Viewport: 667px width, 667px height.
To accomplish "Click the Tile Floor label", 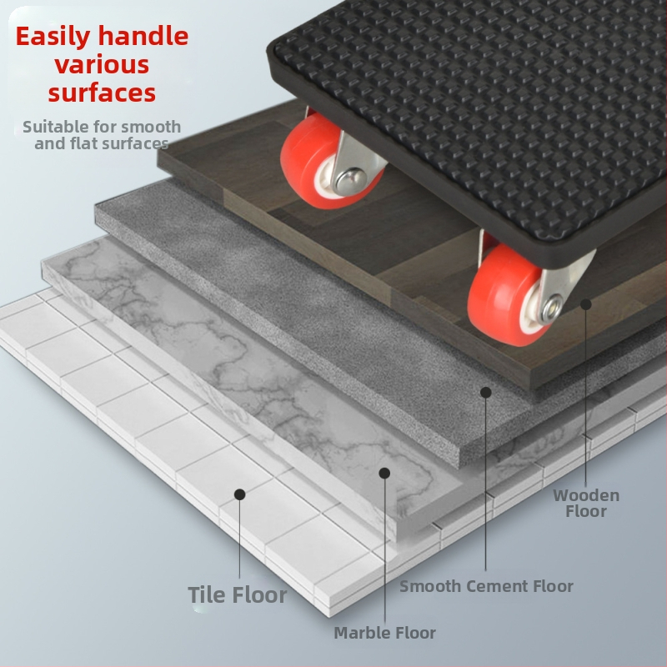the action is click(238, 594).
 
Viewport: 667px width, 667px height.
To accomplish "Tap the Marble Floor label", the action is click(385, 633).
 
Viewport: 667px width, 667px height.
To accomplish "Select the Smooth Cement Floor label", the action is click(486, 586).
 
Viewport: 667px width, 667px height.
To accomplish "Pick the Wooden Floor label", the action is click(586, 504).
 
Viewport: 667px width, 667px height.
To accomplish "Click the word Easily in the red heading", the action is click(53, 38).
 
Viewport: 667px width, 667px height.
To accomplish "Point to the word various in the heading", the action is click(102, 65).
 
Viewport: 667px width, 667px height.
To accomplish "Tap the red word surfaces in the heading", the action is click(102, 93).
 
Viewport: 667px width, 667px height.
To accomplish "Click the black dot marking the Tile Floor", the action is click(240, 494).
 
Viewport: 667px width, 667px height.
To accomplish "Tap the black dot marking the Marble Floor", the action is click(384, 473).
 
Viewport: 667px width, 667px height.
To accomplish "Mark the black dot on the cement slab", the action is click(486, 392).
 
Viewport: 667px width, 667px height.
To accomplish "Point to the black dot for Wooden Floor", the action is click(586, 304).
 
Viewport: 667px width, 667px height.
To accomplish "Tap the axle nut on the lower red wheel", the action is click(552, 307).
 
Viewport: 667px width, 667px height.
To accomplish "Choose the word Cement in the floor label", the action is click(496, 586).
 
